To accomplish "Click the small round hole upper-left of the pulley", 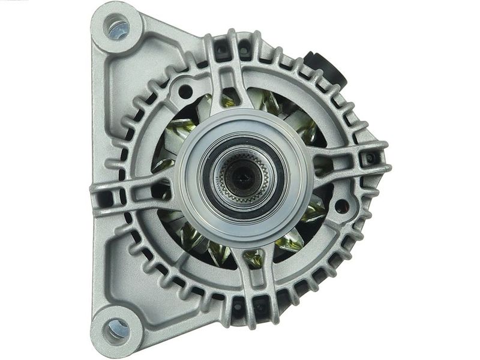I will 184,91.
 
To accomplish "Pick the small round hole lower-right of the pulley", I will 342,205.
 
